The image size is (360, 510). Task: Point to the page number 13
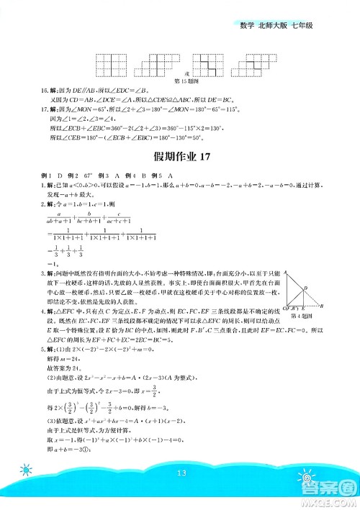pos(180,472)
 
